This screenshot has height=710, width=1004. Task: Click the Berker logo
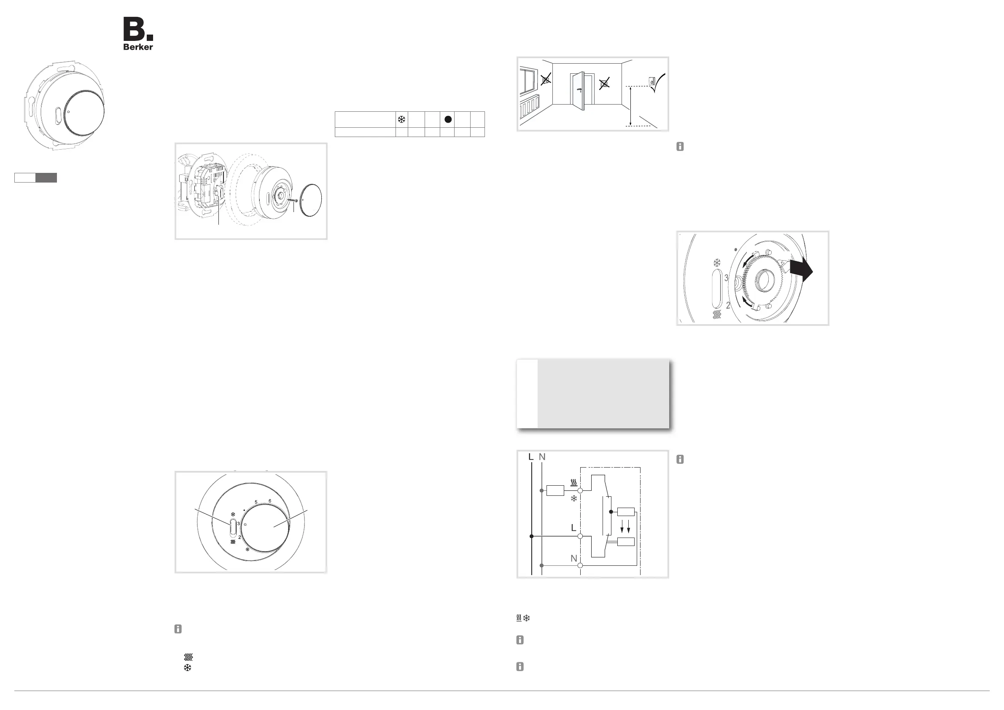pos(138,34)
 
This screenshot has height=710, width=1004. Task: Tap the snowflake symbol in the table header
pos(401,119)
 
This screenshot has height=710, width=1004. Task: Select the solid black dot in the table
pos(448,119)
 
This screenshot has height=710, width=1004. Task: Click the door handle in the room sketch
pos(579,91)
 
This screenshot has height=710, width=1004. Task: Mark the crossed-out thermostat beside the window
pos(546,80)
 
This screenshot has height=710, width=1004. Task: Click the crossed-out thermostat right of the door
pos(604,83)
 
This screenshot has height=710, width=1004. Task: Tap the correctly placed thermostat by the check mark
pos(652,81)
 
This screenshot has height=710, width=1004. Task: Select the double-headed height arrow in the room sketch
pos(630,106)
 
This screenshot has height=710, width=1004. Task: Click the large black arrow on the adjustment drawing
pos(801,272)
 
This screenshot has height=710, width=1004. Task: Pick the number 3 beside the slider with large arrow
pos(726,277)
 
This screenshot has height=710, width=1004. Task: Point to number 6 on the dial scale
pos(270,501)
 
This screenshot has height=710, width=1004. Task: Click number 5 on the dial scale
pos(256,502)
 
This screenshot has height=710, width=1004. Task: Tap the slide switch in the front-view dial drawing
pos(233,530)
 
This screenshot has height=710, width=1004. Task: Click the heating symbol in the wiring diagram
pos(574,483)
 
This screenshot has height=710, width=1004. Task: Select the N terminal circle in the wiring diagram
pos(580,565)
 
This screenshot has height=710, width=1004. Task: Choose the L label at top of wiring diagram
pos(531,457)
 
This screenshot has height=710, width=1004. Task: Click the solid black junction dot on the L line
pos(532,536)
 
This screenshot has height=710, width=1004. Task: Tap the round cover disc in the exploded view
pos(311,200)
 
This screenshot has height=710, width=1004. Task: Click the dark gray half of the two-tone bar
pos(46,177)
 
